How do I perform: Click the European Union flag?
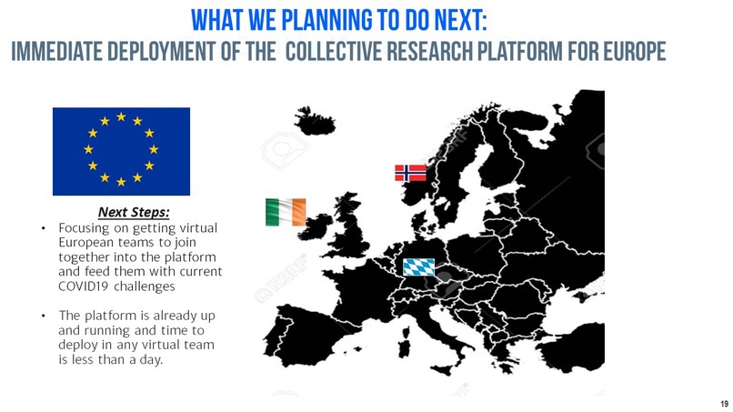(121, 151)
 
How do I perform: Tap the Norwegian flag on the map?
(410, 173)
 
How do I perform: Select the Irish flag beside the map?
(286, 212)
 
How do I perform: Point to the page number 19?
(724, 403)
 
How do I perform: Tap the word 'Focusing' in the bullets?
(85, 227)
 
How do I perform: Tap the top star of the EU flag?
(121, 117)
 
